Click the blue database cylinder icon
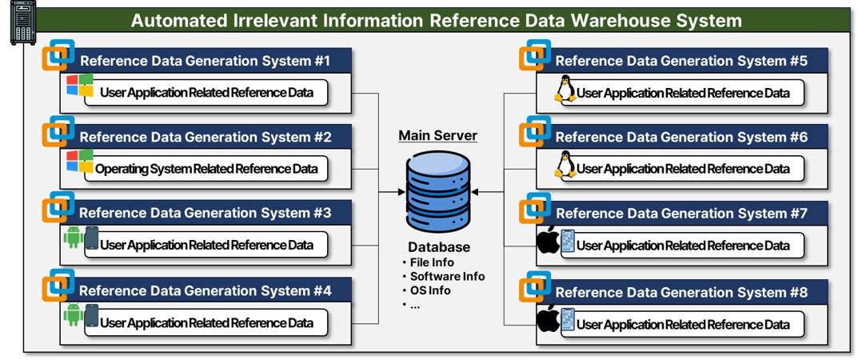coord(437,192)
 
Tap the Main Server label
coord(437,136)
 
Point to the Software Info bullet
coord(445,276)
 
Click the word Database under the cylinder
coord(438,247)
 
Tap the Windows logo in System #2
coord(80,162)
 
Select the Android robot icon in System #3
coord(74,238)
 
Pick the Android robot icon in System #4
coord(74,314)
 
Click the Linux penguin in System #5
coord(565,91)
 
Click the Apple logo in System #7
coord(548,242)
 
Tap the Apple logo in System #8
coord(548,320)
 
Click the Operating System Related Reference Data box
coord(206,169)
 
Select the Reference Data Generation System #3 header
coord(205,213)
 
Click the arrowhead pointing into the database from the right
coord(475,192)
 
